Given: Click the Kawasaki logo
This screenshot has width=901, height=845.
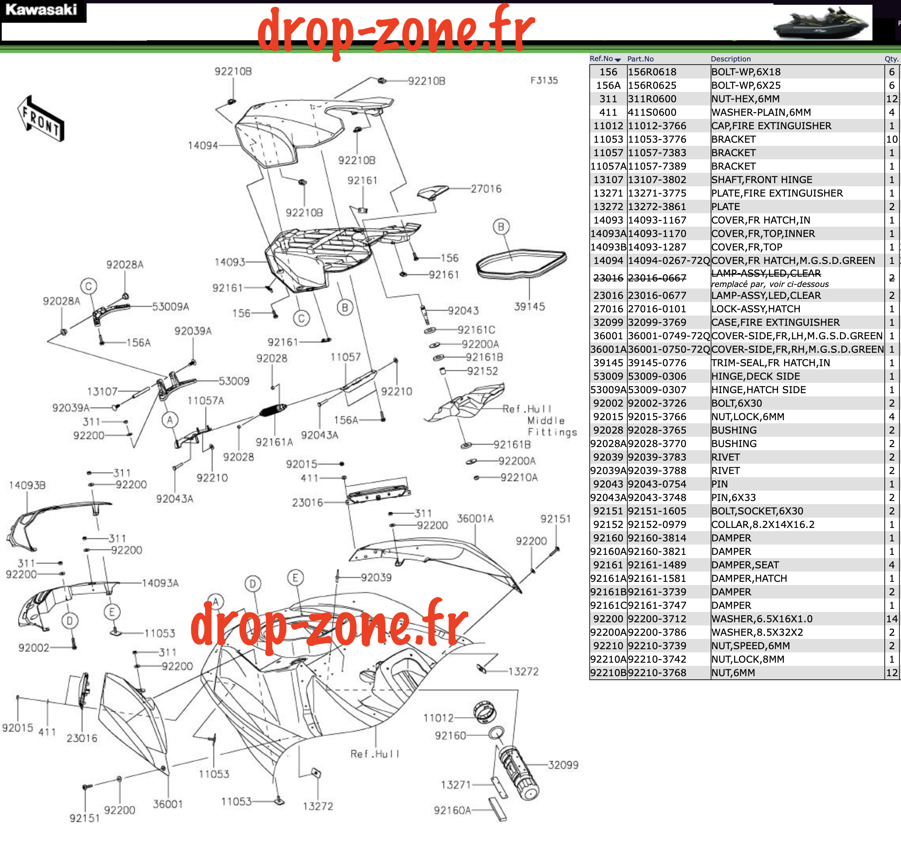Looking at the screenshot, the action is coord(41,10).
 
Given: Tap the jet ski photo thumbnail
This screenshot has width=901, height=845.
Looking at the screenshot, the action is coord(822,23).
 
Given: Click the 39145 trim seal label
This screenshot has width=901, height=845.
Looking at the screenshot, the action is coord(529,307).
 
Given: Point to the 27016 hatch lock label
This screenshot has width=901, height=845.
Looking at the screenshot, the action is coord(486,189).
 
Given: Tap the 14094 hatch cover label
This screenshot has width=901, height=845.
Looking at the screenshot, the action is coord(203,145).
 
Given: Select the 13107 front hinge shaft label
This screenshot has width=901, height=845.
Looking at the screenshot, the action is coord(102,391).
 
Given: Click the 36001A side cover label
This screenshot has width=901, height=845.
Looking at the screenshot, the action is coord(475,518).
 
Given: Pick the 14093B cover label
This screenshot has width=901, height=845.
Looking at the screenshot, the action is coord(27,485).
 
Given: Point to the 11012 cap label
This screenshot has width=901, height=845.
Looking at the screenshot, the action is coord(438,718).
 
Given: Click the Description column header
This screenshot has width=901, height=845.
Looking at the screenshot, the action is coord(730,59).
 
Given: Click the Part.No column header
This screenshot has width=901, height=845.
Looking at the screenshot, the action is coord(640,59).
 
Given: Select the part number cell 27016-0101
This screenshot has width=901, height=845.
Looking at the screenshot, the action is coord(657,309).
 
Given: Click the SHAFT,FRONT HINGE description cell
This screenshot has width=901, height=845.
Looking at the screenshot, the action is coord(762,180).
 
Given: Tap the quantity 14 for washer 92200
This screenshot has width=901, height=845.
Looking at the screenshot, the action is coord(891,619).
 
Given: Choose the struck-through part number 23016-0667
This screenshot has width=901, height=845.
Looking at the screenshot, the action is coord(657,278).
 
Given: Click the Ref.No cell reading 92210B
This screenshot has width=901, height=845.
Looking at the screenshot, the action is coord(608,673).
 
